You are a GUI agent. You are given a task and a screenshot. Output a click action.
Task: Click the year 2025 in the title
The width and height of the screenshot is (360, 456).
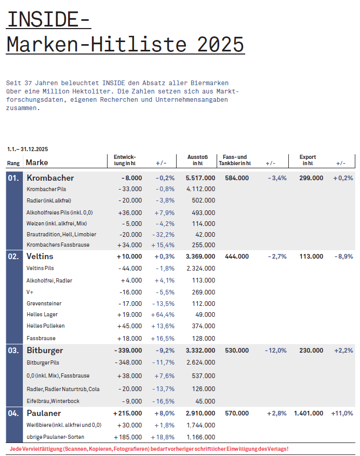click(221, 44)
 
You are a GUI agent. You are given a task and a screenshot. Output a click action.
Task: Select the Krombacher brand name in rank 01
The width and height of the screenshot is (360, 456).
click(50, 178)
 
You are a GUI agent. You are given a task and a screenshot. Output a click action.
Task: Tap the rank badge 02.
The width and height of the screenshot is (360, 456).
click(13, 256)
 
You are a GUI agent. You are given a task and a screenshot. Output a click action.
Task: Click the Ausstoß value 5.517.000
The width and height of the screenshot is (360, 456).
click(200, 178)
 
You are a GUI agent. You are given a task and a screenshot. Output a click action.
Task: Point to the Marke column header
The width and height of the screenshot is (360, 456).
click(36, 163)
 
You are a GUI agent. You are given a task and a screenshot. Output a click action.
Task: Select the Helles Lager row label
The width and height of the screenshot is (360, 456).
click(42, 314)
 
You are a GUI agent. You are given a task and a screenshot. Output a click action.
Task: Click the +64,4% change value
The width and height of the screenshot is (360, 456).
click(162, 314)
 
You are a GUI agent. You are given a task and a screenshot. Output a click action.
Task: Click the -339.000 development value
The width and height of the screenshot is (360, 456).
click(128, 351)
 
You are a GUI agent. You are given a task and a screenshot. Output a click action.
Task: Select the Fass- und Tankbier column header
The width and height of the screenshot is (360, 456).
click(234, 160)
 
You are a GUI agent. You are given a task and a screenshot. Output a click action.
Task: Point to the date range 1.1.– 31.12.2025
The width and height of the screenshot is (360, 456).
click(27, 150)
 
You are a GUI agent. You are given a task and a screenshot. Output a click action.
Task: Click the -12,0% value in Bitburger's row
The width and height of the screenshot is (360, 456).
click(275, 351)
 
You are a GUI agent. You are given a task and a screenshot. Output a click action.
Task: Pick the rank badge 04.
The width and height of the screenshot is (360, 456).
click(13, 413)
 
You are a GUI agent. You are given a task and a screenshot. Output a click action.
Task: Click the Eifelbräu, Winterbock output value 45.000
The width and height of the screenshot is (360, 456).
click(205, 401)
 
